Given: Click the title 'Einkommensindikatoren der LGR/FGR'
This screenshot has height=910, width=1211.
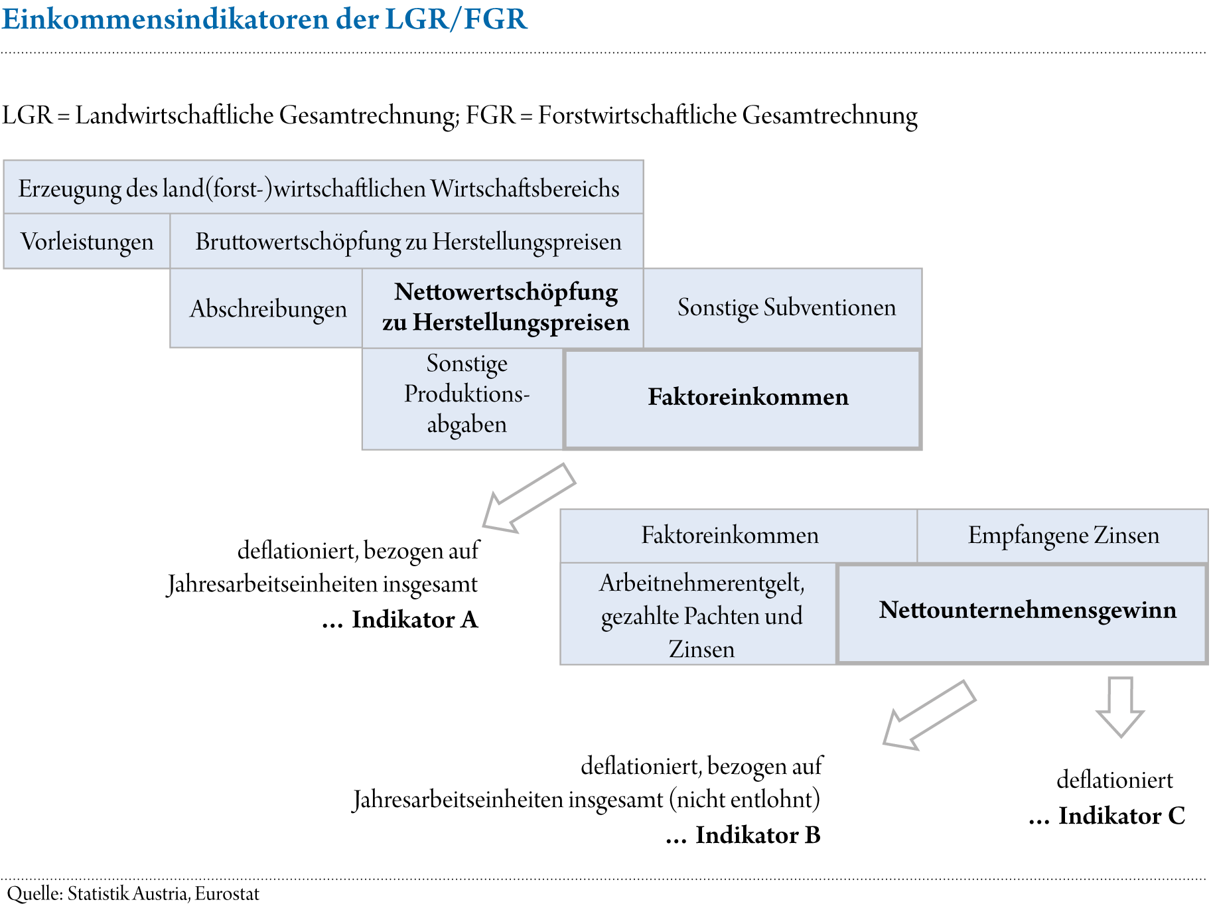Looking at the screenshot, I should click(x=264, y=19).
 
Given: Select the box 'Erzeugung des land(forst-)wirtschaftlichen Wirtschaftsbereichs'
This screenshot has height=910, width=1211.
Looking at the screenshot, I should click(x=322, y=188).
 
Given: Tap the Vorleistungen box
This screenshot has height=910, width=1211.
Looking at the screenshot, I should click(x=87, y=242).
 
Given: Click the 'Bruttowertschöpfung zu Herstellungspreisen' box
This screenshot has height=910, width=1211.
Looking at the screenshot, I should click(x=407, y=242).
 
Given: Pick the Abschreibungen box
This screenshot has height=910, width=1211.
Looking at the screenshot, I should click(x=267, y=309).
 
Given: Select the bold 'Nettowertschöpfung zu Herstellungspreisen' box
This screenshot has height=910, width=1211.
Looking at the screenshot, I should click(x=504, y=307).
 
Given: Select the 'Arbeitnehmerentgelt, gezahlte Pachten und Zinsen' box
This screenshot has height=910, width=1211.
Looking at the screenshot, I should click(x=701, y=615).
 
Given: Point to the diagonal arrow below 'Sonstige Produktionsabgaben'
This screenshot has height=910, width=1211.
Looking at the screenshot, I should click(x=527, y=498).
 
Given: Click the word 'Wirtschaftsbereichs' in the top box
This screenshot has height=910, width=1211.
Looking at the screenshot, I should click(x=525, y=189).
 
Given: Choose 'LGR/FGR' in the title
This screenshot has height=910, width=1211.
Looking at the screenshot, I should click(x=456, y=19).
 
